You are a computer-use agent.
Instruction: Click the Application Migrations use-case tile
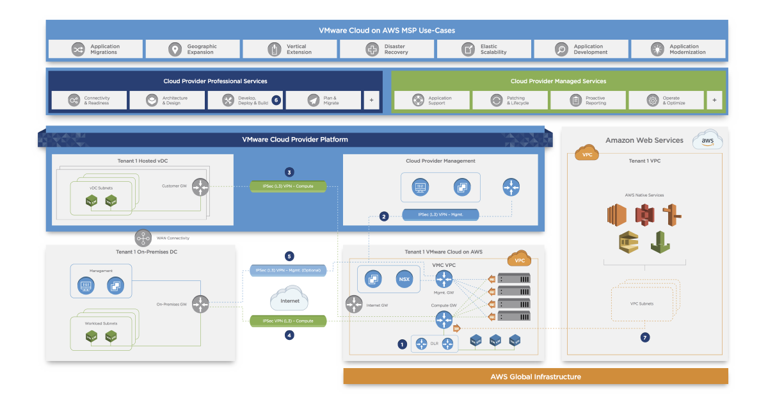95,49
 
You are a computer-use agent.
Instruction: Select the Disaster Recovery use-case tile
387,49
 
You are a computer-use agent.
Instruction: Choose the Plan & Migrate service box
323,100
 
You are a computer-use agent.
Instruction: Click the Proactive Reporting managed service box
588,100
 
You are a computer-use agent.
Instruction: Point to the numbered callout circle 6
276,100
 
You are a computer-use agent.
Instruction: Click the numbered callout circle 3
290,172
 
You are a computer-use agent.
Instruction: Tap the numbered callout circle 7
645,337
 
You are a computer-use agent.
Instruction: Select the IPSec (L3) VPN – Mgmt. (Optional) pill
288,271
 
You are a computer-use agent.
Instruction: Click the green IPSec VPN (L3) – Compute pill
287,320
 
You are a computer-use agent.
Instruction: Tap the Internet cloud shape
289,300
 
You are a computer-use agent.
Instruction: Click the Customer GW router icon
200,187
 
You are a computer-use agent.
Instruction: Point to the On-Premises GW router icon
201,303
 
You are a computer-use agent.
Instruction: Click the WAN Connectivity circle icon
143,238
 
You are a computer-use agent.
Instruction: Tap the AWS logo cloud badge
707,141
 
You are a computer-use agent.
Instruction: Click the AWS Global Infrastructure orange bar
536,376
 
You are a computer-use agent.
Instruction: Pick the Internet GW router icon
354,305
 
